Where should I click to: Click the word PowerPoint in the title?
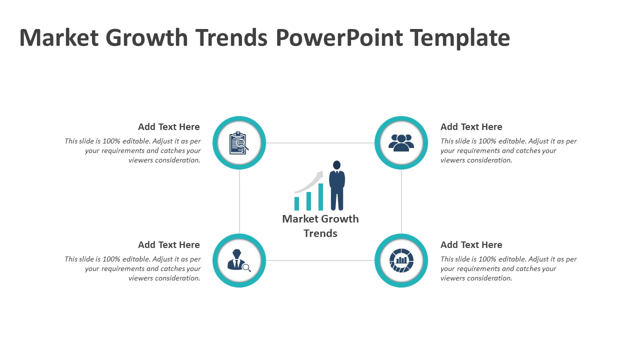tap(339, 37)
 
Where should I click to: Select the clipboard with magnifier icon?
tap(239, 142)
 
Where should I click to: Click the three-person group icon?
tap(401, 142)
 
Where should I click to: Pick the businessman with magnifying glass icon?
tap(239, 260)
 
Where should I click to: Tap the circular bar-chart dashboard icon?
tap(401, 260)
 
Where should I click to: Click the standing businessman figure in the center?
tap(337, 185)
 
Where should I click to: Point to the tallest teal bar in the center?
tap(320, 197)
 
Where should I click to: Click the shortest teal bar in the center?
tap(296, 203)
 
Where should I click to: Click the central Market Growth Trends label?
tap(320, 226)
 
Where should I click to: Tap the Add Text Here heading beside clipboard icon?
tap(169, 127)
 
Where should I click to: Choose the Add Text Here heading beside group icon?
tap(471, 127)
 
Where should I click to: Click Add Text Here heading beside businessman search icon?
tap(169, 245)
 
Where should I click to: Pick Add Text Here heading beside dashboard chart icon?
tap(471, 245)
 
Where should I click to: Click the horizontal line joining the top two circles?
tap(320, 143)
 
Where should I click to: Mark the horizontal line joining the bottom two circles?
tap(320, 260)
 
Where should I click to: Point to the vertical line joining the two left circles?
tap(239, 201)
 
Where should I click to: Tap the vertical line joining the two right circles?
tap(401, 201)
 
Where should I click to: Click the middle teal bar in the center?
tap(308, 201)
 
